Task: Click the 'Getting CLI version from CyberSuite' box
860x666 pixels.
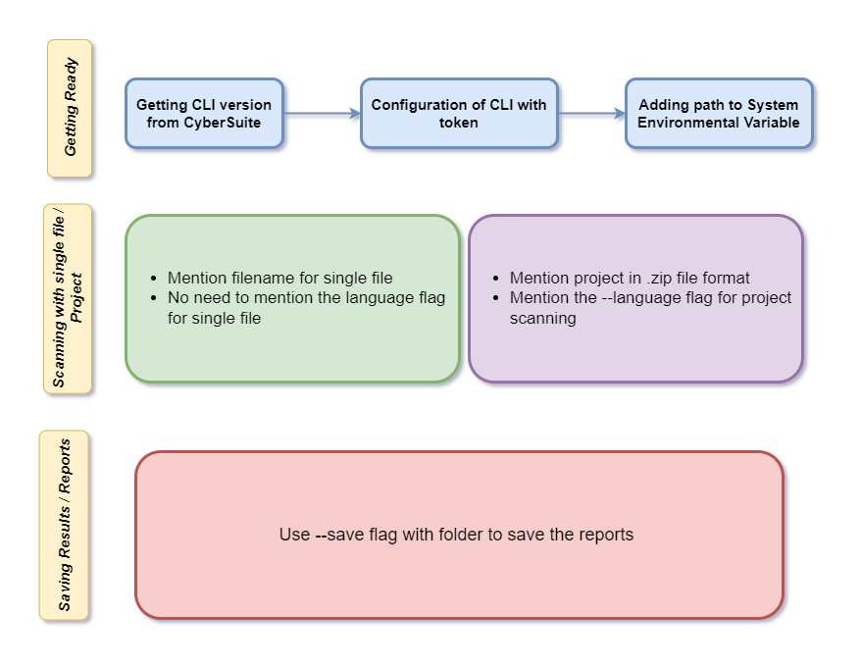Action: coord(204,114)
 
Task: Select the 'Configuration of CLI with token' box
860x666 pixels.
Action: coord(459,114)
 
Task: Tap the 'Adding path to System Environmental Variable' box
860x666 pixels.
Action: coord(719,114)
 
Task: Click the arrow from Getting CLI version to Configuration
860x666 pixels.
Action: coord(322,114)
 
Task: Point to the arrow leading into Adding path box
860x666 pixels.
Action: coord(591,114)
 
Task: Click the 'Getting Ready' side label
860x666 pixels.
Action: coord(70,108)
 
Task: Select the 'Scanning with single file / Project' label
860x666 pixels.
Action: coord(68,299)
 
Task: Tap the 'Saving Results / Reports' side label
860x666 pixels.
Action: coord(64,525)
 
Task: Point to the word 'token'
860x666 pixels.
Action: coord(459,123)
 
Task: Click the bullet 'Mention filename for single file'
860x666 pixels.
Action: coord(280,279)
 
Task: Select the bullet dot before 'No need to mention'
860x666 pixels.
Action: coord(154,298)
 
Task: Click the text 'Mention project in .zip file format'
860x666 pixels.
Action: coord(630,279)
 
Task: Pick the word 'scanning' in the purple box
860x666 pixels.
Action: coord(543,318)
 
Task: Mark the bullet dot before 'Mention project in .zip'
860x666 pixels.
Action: coord(496,279)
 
